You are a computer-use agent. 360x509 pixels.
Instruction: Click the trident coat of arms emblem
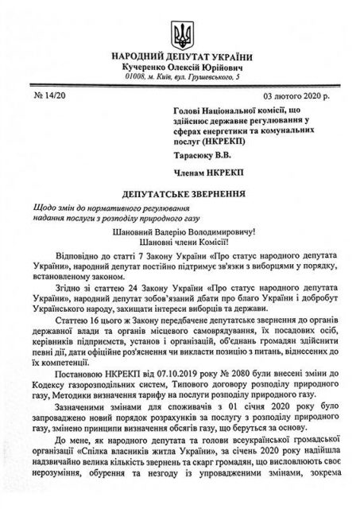tap(180, 33)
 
